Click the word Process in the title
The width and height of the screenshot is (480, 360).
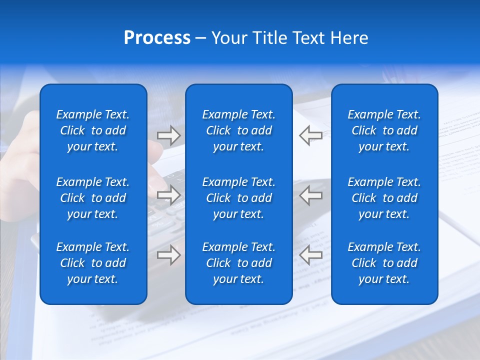tap(157, 38)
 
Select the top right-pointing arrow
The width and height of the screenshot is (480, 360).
tap(168, 135)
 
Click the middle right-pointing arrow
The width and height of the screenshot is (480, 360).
tap(168, 195)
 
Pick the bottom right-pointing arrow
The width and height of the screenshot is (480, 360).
tap(168, 255)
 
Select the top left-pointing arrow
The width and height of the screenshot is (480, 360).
tap(311, 135)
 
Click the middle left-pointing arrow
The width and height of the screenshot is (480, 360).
tap(311, 195)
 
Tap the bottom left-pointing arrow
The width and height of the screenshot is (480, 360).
tap(311, 255)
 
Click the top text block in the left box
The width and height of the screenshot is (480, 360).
tap(93, 130)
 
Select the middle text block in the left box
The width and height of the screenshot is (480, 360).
tap(93, 198)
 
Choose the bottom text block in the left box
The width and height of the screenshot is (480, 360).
tap(93, 263)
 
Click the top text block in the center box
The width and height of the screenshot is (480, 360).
tap(238, 130)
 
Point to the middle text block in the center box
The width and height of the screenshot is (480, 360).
tap(238, 198)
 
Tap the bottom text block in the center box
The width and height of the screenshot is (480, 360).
tap(238, 263)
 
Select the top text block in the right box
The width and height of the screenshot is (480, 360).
tap(384, 130)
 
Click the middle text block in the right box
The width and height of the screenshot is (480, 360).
tap(384, 198)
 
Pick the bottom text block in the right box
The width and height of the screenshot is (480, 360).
tap(384, 263)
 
